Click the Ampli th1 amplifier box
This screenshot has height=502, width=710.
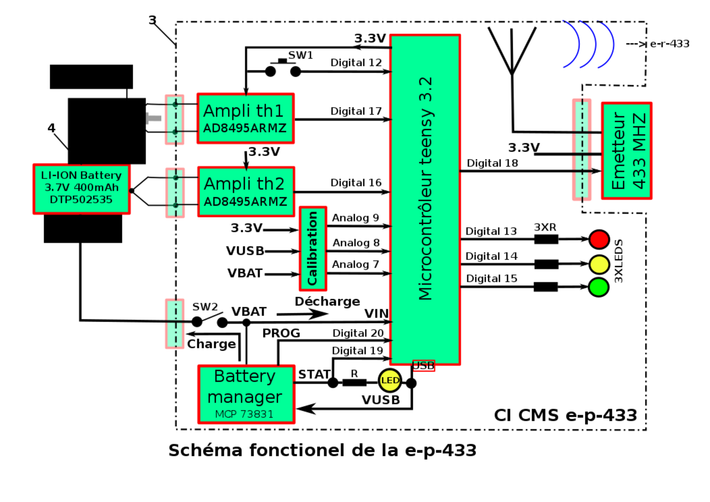246,118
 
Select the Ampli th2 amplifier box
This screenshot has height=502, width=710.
246,191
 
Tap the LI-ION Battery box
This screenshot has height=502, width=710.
81,190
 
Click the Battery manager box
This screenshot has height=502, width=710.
246,394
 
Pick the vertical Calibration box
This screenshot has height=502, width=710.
312,248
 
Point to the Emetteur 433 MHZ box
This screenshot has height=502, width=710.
627,150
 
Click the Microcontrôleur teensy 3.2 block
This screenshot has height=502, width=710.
425,199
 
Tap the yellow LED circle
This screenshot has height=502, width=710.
390,381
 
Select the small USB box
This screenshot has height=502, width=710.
424,366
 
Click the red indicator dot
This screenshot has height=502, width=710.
599,240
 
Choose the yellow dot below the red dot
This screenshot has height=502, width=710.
599,264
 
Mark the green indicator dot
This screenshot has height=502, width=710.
599,287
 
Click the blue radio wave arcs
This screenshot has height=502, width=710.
589,44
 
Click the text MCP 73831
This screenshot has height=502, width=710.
244,414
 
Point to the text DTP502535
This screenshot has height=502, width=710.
81,200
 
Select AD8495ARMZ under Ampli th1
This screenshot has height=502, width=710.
245,128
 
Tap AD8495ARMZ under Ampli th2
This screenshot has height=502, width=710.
245,201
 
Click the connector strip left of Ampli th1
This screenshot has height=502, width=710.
174,119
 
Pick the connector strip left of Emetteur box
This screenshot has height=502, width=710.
581,149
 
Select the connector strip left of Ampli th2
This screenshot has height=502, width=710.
175,193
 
